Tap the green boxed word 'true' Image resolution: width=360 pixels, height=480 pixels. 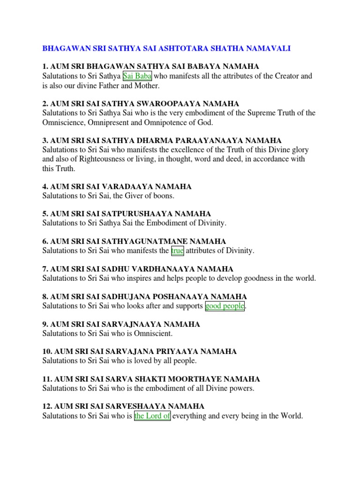[x=178, y=251]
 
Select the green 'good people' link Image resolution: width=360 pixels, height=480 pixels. [x=225, y=306]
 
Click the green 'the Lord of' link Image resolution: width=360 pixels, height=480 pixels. [x=152, y=416]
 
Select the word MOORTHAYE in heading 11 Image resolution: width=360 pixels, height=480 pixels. [x=199, y=379]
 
